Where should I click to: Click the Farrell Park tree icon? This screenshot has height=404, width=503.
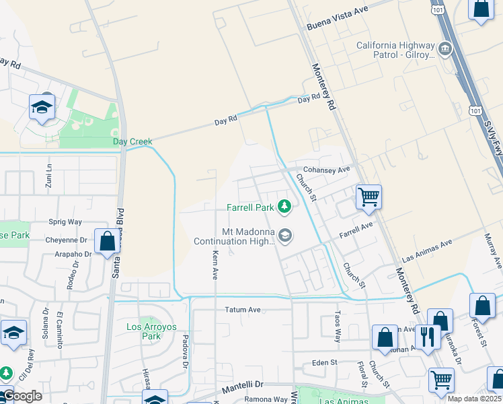[x=284, y=206]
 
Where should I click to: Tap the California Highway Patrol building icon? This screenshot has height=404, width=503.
[x=444, y=48]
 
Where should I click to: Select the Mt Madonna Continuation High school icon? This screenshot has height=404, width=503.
[x=284, y=236]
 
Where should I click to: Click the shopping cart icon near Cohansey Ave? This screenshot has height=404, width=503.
[x=368, y=197]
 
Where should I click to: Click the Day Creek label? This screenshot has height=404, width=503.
[x=132, y=141]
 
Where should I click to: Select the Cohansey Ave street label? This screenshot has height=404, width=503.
[x=327, y=170]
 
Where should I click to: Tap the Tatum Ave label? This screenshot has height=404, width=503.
[x=241, y=310]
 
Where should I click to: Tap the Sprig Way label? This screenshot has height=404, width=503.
[x=65, y=222]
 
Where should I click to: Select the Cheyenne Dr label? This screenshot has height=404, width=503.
[x=67, y=240]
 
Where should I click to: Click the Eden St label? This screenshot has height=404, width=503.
[x=324, y=362]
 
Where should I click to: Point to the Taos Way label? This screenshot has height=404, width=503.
[x=338, y=326]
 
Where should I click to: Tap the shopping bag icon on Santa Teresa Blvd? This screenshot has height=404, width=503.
[x=107, y=241]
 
